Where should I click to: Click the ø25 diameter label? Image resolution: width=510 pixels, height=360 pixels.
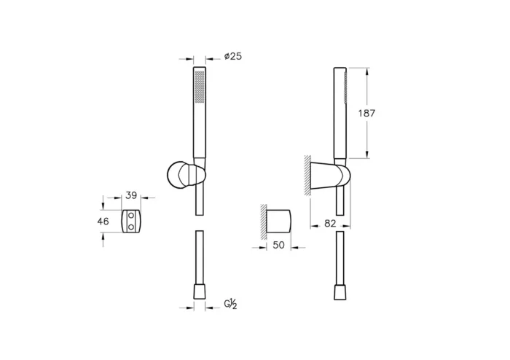[233, 56]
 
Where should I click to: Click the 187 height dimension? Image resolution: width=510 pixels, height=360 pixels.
[366, 113]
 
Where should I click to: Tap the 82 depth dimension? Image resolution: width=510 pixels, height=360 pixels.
[330, 224]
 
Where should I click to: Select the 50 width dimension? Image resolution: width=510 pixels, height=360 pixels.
[279, 245]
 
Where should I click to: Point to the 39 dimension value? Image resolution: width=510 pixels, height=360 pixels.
[131, 195]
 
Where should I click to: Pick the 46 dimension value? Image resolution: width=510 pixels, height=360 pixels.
[103, 222]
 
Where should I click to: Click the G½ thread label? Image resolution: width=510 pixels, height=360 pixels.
[230, 304]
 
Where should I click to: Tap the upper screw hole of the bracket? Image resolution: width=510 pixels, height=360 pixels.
[131, 215]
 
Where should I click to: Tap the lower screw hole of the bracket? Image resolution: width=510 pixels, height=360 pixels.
[131, 227]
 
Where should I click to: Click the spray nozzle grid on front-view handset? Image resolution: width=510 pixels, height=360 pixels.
[200, 87]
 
